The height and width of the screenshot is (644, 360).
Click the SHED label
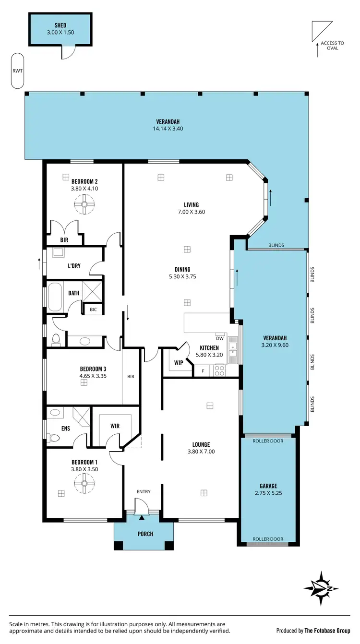coord(60,25)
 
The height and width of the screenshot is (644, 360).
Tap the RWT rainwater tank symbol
coord(17,71)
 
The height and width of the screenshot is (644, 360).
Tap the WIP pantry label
coord(179,363)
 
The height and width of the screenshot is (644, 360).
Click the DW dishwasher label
coord(220,338)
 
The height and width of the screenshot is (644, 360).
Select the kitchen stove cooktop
coord(220,370)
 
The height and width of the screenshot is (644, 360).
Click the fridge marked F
coord(203,371)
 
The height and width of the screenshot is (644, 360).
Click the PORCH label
coord(144,534)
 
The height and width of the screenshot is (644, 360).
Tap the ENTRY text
coord(144,491)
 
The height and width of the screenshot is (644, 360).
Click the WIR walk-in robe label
coord(115,426)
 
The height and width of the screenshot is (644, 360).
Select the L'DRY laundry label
coord(74,265)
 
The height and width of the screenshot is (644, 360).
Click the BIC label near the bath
coord(93,310)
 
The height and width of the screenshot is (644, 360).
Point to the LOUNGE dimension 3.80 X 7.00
coord(201,452)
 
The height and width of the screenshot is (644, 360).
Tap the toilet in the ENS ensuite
coord(54,438)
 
